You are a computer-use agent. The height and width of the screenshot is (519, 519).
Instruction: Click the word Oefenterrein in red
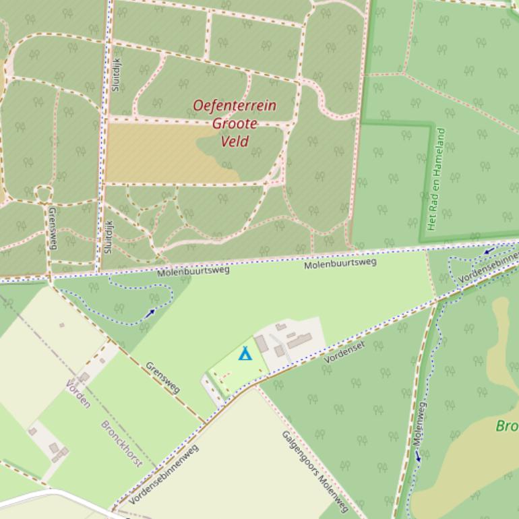point(235,106)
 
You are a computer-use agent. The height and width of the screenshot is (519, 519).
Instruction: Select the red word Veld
point(235,141)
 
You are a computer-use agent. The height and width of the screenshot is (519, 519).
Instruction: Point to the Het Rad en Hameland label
point(437,179)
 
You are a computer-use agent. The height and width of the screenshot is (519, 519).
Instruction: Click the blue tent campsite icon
point(245,353)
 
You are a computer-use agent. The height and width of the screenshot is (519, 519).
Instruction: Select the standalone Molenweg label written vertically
point(419,423)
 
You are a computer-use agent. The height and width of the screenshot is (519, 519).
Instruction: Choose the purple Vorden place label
point(78,394)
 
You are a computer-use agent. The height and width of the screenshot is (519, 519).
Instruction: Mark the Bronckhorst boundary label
point(121,444)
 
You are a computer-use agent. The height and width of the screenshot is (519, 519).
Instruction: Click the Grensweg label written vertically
point(53,228)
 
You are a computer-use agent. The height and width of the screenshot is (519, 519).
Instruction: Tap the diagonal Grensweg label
point(163,377)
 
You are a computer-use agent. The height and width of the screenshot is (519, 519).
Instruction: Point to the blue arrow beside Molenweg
point(417,456)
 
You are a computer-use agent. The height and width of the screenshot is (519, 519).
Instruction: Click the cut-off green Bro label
point(507,426)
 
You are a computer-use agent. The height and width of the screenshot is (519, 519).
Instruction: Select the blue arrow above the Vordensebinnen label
point(488,251)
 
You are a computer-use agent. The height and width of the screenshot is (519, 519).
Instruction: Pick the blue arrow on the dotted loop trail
point(150,312)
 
